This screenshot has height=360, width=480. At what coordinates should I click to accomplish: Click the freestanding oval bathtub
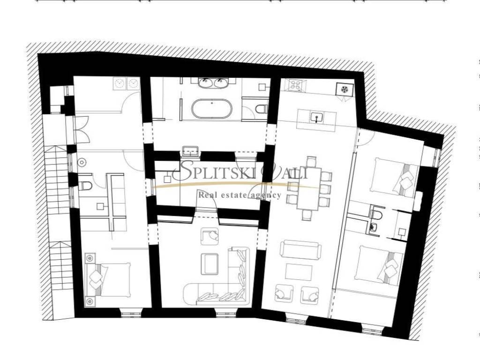pos(212,108)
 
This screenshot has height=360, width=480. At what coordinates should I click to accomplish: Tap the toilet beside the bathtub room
pos(261,108)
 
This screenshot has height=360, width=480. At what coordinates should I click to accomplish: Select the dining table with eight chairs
pos(310,188)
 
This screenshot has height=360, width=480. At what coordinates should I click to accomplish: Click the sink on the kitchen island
pos(317,117)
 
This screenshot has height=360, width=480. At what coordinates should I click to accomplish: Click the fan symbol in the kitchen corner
pos(344,89)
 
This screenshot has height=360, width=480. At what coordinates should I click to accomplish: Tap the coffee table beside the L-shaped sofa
pos(210,264)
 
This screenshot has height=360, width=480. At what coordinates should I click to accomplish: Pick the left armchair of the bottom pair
pos(285,294)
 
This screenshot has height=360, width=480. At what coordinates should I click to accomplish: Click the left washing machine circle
pos(119,83)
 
